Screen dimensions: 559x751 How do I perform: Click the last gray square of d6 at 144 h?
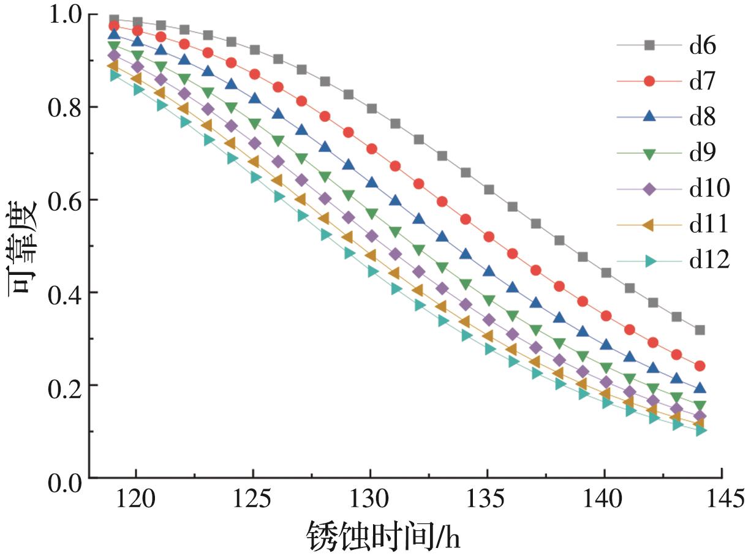(x=700, y=330)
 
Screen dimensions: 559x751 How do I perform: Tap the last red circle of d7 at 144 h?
(x=700, y=366)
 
